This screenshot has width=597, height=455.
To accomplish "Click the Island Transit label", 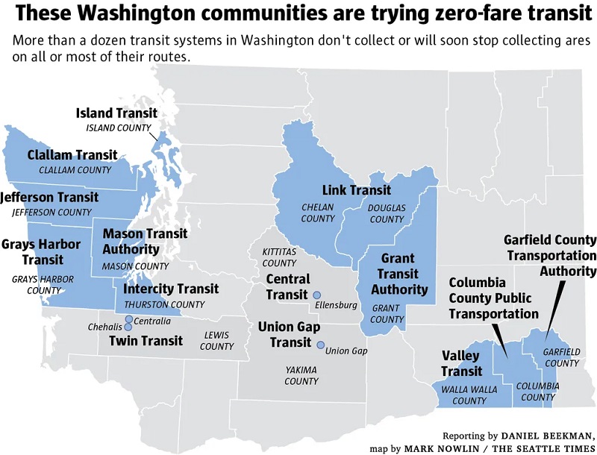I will (117, 113).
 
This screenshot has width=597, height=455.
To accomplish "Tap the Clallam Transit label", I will (72, 155).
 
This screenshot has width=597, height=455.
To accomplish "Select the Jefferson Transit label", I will (49, 198).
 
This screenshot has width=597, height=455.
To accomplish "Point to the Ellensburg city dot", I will (316, 295).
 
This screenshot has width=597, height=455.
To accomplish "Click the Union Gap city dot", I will (321, 345).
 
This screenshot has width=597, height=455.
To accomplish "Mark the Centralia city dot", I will (129, 319).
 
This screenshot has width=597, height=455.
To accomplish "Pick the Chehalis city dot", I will (129, 327).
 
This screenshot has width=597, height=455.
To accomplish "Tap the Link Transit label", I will (357, 190).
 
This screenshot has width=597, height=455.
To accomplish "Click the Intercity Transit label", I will (171, 289).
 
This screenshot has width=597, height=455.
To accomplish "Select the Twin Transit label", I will (146, 342).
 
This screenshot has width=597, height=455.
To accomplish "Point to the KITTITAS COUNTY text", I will (279, 257).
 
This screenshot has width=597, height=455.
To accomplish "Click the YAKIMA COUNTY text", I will (301, 375).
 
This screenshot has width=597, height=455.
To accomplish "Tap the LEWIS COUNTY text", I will (217, 341).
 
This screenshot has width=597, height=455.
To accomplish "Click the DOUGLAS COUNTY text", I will (387, 213).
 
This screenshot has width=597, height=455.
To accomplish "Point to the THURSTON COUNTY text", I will (164, 304).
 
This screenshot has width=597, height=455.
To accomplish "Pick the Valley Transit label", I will (461, 363).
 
